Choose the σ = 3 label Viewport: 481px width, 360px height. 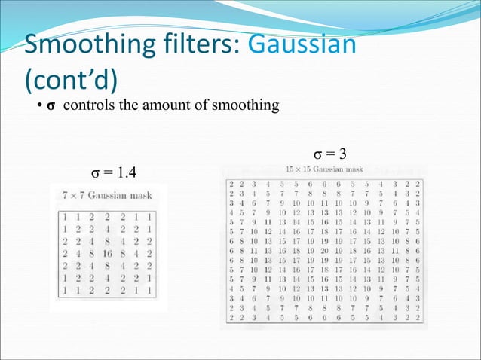pyautogui.click(x=329, y=154)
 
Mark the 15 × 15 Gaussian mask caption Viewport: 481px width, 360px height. pyautogui.click(x=325, y=168)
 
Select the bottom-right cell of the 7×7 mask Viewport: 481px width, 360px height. pyautogui.click(x=149, y=289)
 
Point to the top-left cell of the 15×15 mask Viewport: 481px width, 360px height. pyautogui.click(x=231, y=183)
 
